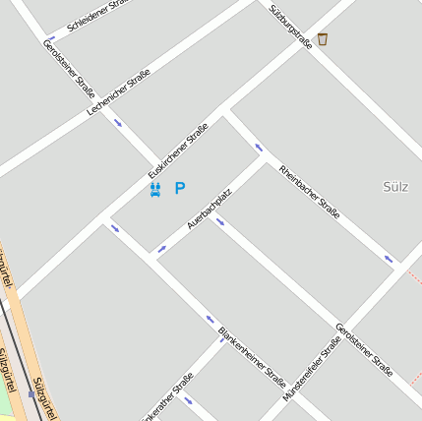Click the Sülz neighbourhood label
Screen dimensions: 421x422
pos(394,185)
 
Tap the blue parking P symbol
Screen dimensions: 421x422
pos(180,188)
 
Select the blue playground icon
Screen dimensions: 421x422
pos(154,189)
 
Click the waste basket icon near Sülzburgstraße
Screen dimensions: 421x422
pos(323,39)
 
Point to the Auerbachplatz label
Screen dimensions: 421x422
pos(209,210)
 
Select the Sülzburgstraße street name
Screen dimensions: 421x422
pos(290,26)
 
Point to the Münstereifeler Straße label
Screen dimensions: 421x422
pos(312,367)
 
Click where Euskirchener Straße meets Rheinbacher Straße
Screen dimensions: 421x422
pos(227,111)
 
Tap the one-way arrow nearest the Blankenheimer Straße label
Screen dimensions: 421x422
pos(211,319)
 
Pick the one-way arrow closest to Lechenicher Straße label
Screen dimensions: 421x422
pos(118,123)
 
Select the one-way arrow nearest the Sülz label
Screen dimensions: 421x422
pos(389,259)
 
